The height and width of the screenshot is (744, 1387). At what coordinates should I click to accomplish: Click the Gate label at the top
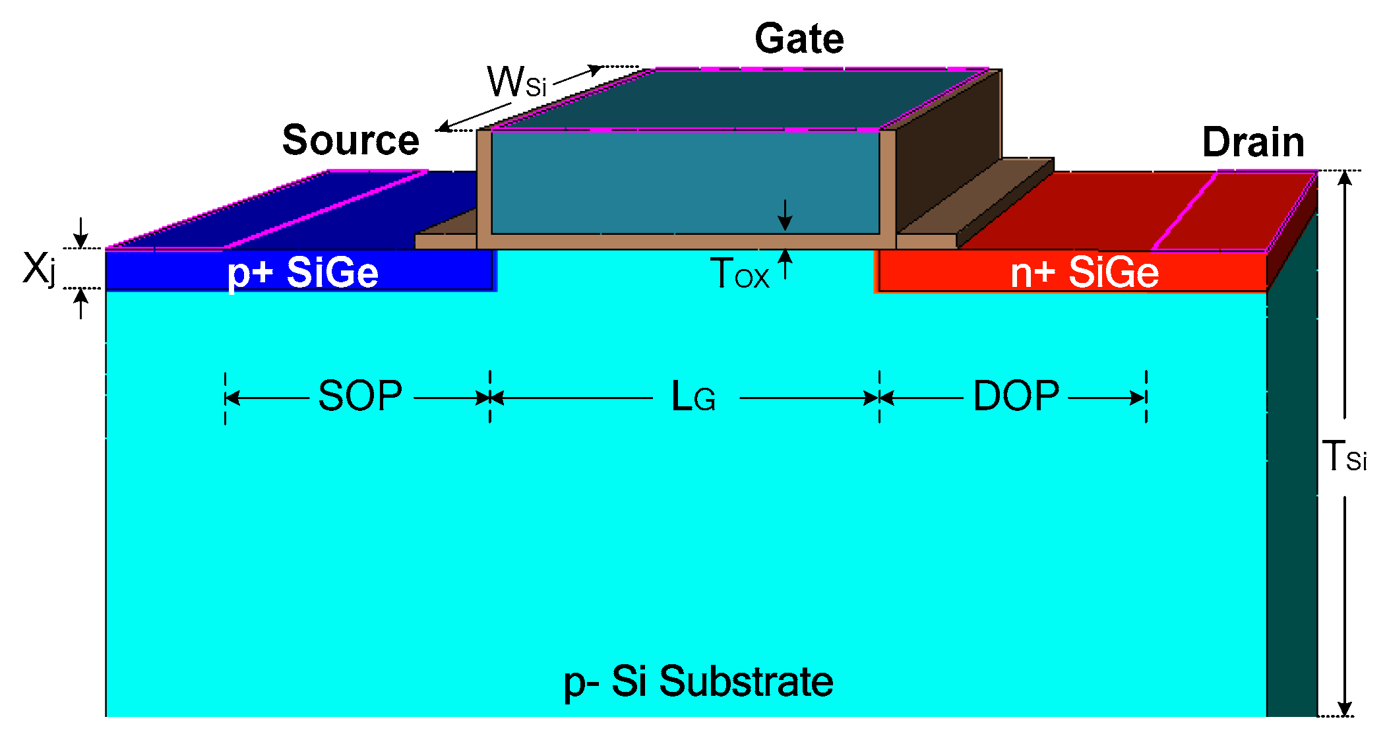tap(799, 39)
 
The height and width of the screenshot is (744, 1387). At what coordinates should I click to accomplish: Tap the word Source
tap(350, 140)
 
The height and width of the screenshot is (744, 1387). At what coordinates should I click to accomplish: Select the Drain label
tap(1252, 142)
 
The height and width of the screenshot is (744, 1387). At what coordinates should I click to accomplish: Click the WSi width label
tap(516, 82)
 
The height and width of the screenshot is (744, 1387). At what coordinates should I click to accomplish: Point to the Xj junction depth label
tap(38, 269)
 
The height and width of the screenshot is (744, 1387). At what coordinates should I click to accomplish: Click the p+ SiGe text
tap(303, 272)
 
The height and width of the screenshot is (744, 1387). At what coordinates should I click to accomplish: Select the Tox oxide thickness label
tap(739, 274)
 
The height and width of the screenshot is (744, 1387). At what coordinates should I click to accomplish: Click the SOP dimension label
tap(360, 396)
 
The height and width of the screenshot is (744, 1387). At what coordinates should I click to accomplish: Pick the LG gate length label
tap(693, 397)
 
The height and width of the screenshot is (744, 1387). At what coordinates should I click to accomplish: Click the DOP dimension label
tap(1016, 396)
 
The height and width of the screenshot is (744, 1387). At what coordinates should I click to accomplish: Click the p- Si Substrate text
tap(698, 681)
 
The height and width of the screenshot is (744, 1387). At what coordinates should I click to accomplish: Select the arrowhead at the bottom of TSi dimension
tap(1345, 708)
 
